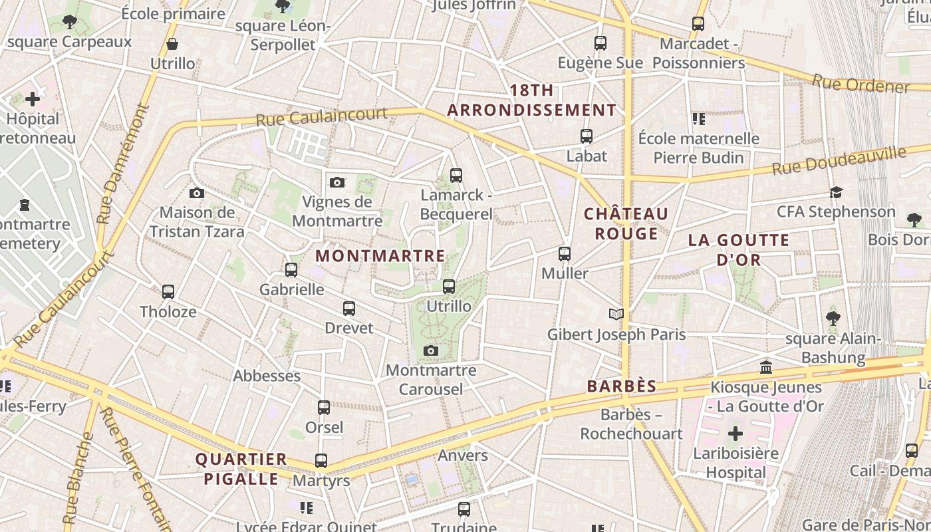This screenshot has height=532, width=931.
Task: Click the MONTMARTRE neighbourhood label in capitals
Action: click(x=380, y=256)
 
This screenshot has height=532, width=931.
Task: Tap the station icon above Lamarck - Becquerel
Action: click(x=456, y=176)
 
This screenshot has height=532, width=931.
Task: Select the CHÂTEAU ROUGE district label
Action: click(x=626, y=223)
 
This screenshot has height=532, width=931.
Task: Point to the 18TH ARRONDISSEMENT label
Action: click(x=531, y=100)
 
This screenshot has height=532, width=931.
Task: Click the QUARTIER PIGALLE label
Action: click(x=241, y=469)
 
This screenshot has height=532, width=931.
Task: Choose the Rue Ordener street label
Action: click(x=860, y=84)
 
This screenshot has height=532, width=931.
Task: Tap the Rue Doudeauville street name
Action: click(x=839, y=161)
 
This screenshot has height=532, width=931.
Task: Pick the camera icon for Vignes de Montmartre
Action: click(x=337, y=182)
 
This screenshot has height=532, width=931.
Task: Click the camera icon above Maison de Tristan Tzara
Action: click(x=197, y=193)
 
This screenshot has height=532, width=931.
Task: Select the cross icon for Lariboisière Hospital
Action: click(x=735, y=434)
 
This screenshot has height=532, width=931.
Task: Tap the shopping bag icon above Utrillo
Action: click(x=172, y=45)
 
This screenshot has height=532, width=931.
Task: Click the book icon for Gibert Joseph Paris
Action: click(x=616, y=314)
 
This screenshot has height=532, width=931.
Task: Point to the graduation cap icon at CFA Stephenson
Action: click(x=836, y=192)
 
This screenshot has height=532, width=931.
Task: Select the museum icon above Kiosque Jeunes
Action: click(x=766, y=367)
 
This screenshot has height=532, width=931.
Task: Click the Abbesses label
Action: click(x=267, y=376)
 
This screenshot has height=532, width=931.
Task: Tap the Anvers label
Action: click(x=463, y=456)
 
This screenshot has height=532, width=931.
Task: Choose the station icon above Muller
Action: click(x=565, y=253)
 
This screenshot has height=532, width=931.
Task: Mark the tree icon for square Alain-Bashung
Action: click(x=833, y=319)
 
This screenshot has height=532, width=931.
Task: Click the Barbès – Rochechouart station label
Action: click(x=631, y=424)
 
